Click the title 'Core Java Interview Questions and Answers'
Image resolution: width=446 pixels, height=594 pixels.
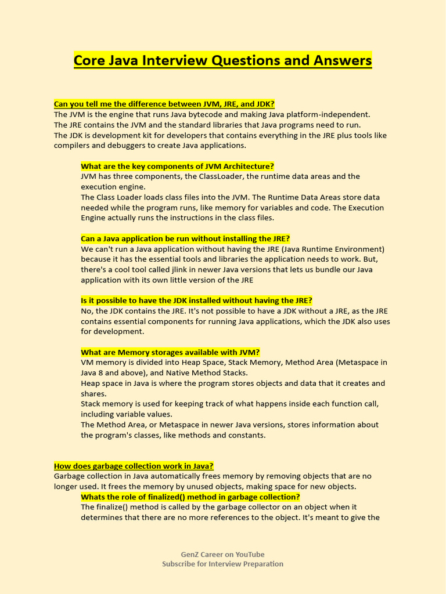click(222, 60)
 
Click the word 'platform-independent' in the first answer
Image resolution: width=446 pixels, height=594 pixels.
click(329, 114)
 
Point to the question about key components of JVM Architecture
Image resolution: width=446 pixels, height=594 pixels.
click(177, 166)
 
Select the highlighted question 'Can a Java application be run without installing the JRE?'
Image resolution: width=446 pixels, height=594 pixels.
click(185, 238)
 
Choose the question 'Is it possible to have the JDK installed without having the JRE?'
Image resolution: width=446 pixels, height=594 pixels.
click(196, 300)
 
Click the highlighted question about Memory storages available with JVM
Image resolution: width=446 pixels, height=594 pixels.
click(170, 352)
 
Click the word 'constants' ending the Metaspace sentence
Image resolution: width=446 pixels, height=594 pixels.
click(246, 435)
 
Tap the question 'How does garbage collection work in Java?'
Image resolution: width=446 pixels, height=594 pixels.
click(134, 466)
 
